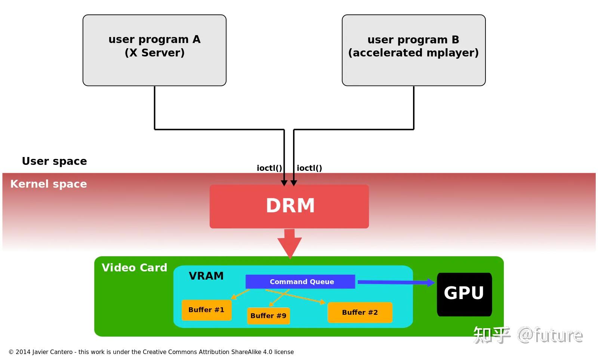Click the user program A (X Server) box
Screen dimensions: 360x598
click(154, 50)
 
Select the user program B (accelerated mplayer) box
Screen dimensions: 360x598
click(413, 50)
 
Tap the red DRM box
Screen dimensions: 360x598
click(289, 206)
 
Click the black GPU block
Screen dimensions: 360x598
click(464, 294)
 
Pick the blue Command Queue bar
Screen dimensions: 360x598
click(300, 281)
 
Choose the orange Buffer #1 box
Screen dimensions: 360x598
click(206, 310)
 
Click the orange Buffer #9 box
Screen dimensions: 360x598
click(268, 316)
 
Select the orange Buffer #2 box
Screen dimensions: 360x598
click(360, 313)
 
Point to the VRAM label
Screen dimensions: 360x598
click(206, 276)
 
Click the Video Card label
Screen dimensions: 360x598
click(134, 268)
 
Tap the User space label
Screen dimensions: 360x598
click(54, 161)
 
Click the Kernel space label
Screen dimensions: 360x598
click(49, 184)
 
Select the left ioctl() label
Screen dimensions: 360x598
click(269, 168)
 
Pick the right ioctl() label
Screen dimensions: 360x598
click(309, 168)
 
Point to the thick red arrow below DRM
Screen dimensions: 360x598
click(290, 243)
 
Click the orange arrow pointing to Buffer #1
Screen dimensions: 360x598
click(240, 294)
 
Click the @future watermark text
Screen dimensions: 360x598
click(550, 335)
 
